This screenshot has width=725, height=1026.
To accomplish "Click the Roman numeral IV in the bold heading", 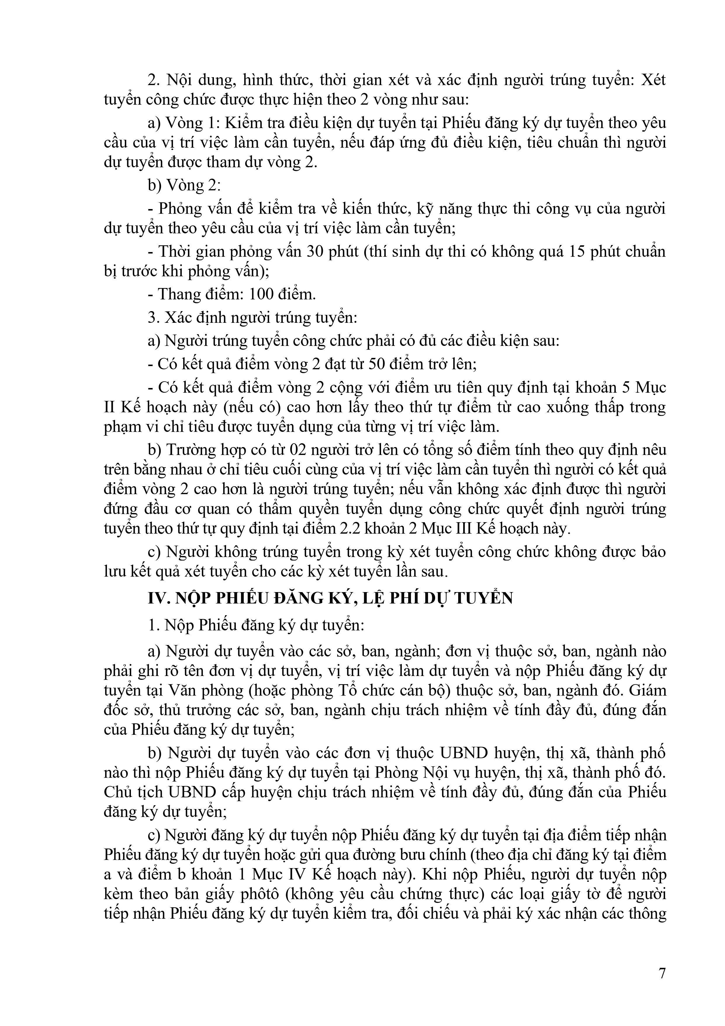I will coord(156,598).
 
